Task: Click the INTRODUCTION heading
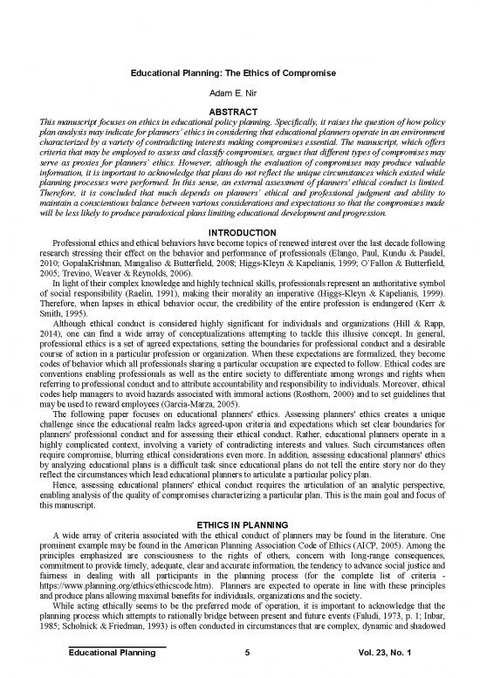click(239, 232)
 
